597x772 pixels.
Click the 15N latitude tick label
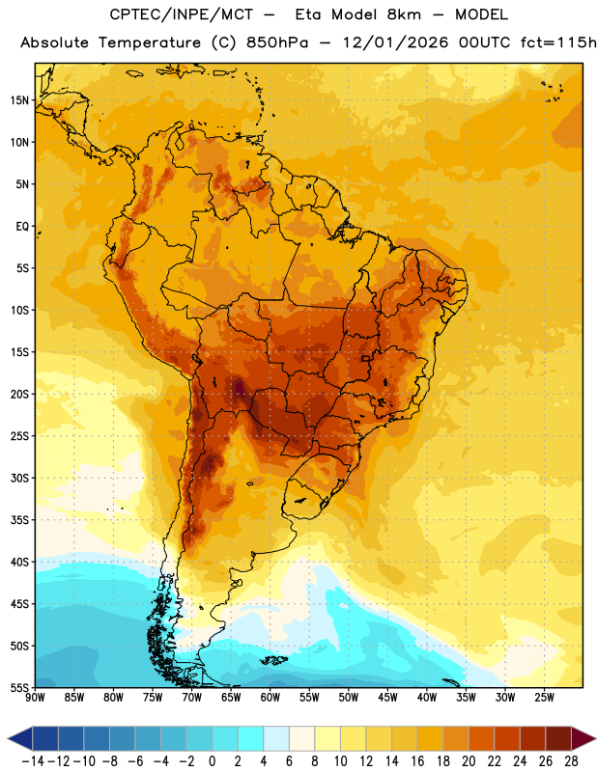[19, 100]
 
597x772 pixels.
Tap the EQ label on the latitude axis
[22, 227]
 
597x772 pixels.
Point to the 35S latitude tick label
[19, 520]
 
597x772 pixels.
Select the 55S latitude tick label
[19, 687]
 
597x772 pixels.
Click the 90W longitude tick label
[35, 698]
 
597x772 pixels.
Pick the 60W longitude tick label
[270, 698]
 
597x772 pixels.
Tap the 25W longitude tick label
[545, 698]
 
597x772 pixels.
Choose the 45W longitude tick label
[388, 698]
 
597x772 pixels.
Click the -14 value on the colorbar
[33, 761]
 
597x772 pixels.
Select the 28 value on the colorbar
[571, 761]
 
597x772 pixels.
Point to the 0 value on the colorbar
[212, 761]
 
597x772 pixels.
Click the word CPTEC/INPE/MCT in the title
[182, 14]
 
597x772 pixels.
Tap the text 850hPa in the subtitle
[277, 42]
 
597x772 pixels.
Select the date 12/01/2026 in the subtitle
[395, 42]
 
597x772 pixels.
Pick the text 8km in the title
[404, 14]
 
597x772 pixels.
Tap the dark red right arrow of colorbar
[583, 738]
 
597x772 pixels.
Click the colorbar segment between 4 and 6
[276, 738]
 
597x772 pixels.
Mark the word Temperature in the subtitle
[150, 42]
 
